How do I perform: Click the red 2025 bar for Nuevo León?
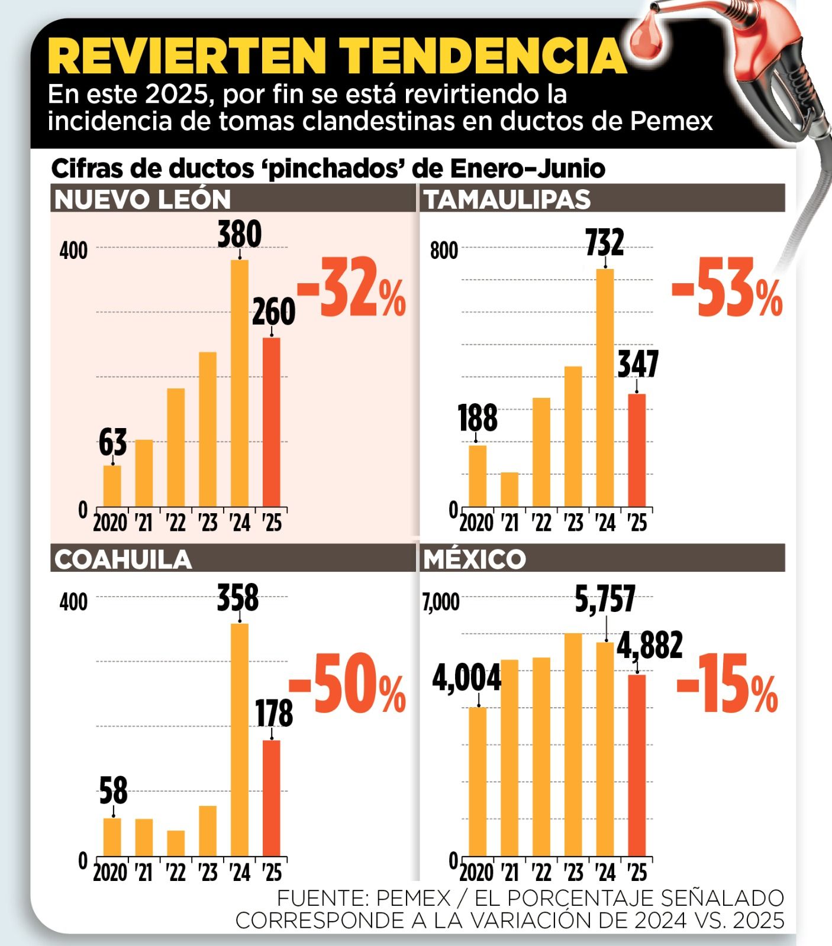271,422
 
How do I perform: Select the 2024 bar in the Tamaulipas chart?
605,388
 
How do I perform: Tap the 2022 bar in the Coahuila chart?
176,843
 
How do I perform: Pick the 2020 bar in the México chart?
478,781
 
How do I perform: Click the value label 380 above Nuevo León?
239,234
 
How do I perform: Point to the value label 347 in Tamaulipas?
638,364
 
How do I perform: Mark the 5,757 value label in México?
605,600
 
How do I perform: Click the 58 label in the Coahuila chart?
113,791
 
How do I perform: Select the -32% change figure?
351,288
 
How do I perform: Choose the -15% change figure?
727,684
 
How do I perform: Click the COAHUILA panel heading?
123,559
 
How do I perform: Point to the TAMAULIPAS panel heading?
507,199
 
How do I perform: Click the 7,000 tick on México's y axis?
441,602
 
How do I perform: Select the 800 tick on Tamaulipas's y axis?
444,251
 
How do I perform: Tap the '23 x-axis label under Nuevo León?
208,523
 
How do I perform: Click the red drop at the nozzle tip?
647,40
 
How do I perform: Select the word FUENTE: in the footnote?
323,898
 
